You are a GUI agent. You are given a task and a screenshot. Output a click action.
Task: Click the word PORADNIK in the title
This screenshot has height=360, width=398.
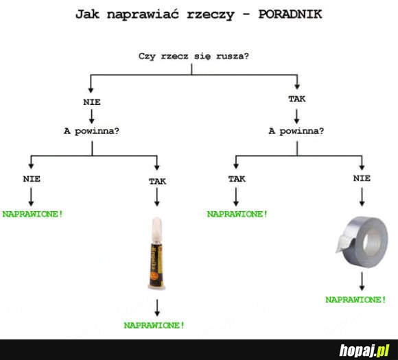pyautogui.click(x=290, y=14)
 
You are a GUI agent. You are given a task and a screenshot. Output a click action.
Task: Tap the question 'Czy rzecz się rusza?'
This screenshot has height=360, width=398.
pyautogui.click(x=194, y=56)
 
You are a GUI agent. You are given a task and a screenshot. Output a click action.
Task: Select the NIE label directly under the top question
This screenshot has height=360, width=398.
pyautogui.click(x=92, y=102)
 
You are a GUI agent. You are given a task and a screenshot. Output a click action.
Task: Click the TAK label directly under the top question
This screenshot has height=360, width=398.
pyautogui.click(x=296, y=99)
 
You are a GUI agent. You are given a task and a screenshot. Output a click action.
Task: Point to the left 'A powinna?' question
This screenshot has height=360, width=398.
pyautogui.click(x=92, y=131)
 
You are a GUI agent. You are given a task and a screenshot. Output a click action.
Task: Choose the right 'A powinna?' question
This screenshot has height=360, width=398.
pyautogui.click(x=296, y=131)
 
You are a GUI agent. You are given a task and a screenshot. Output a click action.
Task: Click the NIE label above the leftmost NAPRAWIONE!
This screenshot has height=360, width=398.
pyautogui.click(x=32, y=179)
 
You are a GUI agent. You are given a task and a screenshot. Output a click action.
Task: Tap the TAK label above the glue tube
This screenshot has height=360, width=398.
pyautogui.click(x=157, y=182)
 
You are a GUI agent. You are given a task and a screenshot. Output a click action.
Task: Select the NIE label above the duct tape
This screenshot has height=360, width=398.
pyautogui.click(x=362, y=178)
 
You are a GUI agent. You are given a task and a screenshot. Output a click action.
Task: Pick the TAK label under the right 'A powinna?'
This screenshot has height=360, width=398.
pyautogui.click(x=237, y=179)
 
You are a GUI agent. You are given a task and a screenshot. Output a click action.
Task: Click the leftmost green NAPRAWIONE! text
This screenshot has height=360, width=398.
pyautogui.click(x=32, y=214)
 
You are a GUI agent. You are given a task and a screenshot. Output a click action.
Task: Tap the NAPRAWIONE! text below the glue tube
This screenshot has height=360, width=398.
pyautogui.click(x=154, y=325)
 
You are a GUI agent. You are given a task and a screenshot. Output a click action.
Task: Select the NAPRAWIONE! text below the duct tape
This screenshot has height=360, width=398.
pyautogui.click(x=355, y=300)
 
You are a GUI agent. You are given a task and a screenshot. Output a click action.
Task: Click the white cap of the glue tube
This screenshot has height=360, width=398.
pyautogui.click(x=156, y=229)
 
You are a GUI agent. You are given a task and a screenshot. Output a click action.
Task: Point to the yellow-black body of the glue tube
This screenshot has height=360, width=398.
pyautogui.click(x=156, y=265)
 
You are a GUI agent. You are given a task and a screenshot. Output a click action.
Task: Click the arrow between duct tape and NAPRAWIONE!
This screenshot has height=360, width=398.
pyautogui.click(x=362, y=281)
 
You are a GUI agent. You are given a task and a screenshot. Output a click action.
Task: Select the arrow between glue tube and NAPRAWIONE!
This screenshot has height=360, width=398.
pyautogui.click(x=157, y=308)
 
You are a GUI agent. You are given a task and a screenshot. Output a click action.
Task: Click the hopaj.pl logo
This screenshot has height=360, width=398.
pyautogui.click(x=364, y=350)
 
